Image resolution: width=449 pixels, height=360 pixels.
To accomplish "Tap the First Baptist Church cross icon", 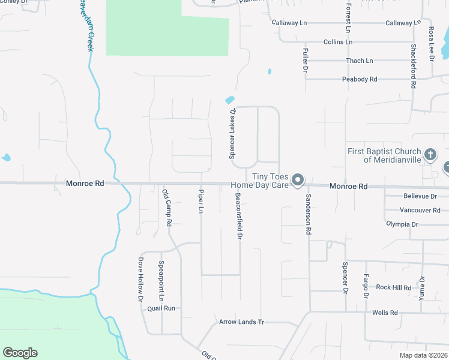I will pyautogui.click(x=430, y=155).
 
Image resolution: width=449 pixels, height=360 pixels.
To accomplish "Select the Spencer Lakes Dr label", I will pyautogui.click(x=232, y=133).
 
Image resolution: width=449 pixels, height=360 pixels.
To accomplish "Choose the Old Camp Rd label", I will pyautogui.click(x=167, y=208).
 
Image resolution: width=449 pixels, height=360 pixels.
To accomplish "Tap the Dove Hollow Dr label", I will pyautogui.click(x=140, y=279).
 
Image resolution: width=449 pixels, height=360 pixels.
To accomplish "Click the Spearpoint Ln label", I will pyautogui.click(x=161, y=281).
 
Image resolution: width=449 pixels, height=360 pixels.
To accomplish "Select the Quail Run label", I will pyautogui.click(x=161, y=308).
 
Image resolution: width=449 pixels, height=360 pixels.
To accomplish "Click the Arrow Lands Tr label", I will pyautogui.click(x=241, y=322).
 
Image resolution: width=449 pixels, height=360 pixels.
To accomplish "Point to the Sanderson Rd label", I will pyautogui.click(x=309, y=214).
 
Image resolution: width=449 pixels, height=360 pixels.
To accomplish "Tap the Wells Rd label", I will pyautogui.click(x=385, y=313).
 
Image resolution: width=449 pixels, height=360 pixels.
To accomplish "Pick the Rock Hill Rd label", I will pyautogui.click(x=393, y=287).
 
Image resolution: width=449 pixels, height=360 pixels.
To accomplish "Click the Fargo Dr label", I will pyautogui.click(x=366, y=286).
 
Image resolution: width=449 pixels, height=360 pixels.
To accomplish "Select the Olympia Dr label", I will pyautogui.click(x=402, y=224).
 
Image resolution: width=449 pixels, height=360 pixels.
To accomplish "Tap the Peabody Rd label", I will pyautogui.click(x=359, y=79).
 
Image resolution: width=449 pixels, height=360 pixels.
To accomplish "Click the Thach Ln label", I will pyautogui.click(x=359, y=61).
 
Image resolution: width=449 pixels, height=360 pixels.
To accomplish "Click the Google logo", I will pyautogui.click(x=20, y=353).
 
